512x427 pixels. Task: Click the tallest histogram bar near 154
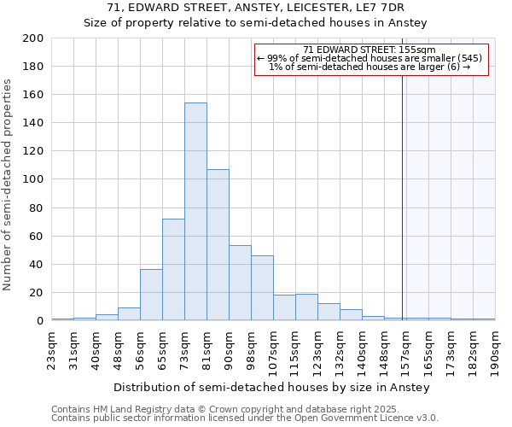(195, 212)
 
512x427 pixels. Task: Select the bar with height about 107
(218, 245)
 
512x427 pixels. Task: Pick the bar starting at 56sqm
(151, 295)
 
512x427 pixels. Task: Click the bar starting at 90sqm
(240, 283)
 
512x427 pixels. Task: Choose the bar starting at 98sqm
(262, 288)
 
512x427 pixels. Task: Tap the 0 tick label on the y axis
(39, 321)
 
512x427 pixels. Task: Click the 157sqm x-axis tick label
(406, 350)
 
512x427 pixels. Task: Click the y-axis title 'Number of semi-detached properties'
(9, 184)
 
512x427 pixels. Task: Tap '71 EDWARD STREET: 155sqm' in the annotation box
(369, 50)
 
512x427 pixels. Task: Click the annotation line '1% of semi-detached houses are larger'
(369, 67)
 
